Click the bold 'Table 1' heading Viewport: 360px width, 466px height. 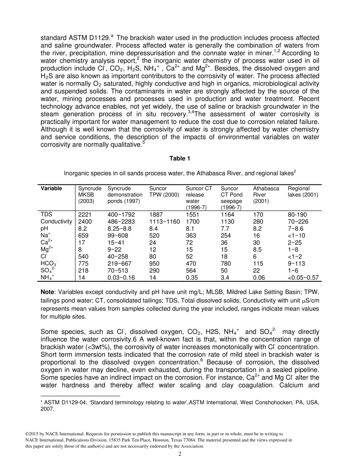180,159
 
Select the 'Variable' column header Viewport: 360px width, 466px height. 52,188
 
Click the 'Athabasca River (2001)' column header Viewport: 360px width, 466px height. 266,195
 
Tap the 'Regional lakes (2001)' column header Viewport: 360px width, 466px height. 303,192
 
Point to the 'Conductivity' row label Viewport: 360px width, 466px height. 56,221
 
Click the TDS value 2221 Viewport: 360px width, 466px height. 85,214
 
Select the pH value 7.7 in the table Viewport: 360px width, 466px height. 226,228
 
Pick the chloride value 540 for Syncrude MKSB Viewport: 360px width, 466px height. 83,256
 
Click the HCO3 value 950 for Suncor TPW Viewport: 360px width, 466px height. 154,263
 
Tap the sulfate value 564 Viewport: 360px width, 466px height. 191,271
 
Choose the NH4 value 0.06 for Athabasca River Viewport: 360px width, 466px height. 259,278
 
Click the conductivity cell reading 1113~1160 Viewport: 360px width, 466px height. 164,221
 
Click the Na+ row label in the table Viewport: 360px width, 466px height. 45,235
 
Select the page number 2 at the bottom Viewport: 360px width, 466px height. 180,455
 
